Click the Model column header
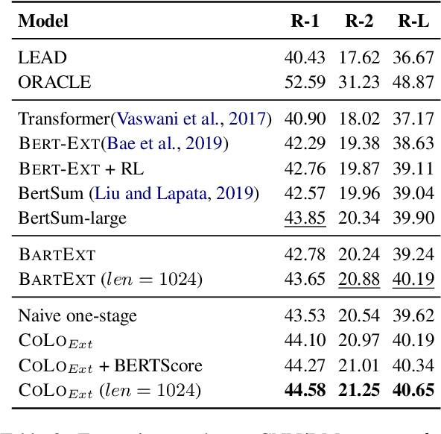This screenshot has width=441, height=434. click(x=43, y=21)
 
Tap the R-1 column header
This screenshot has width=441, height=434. click(x=305, y=21)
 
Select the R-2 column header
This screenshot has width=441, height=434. click(x=358, y=21)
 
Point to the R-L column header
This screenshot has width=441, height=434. click(x=413, y=21)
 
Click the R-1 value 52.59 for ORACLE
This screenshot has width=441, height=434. click(x=305, y=81)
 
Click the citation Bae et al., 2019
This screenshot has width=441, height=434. click(x=165, y=143)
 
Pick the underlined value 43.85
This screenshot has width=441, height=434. click(x=305, y=218)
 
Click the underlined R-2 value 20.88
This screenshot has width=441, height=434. click(x=358, y=279)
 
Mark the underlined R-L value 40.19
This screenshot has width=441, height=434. click(x=413, y=279)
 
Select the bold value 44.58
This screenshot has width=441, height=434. click(x=305, y=389)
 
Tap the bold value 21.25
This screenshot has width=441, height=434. click(x=358, y=389)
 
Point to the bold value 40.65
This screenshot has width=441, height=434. click(x=413, y=389)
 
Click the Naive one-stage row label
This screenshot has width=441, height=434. click(x=77, y=315)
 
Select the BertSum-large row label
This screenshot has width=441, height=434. click(x=72, y=218)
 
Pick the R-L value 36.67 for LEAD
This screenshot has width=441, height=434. click(x=413, y=57)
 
